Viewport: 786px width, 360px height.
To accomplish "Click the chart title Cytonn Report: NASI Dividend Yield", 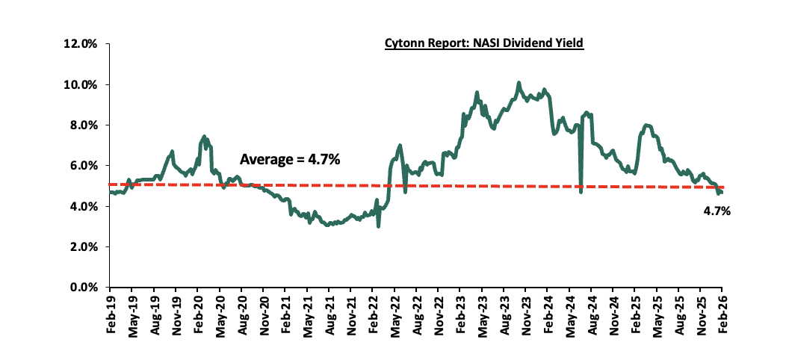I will pyautogui.click(x=483, y=44).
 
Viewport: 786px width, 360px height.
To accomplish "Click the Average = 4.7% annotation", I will pyautogui.click(x=290, y=159).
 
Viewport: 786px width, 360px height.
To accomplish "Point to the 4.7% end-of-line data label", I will pyautogui.click(x=717, y=211).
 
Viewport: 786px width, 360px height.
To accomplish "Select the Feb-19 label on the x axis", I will pyautogui.click(x=111, y=311).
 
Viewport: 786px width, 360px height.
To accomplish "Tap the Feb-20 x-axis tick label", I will pyautogui.click(x=198, y=311).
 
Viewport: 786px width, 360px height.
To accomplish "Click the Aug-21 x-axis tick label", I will pyautogui.click(x=329, y=311).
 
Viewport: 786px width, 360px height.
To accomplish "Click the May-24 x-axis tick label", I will pyautogui.click(x=570, y=311).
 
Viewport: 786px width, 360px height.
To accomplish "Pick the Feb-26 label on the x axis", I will pyautogui.click(x=722, y=311).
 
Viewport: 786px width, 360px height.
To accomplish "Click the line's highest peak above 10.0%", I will pyautogui.click(x=519, y=83).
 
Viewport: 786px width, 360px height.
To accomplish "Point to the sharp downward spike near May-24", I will pyautogui.click(x=581, y=192).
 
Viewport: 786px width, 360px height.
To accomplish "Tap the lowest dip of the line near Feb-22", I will pyautogui.click(x=379, y=226).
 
